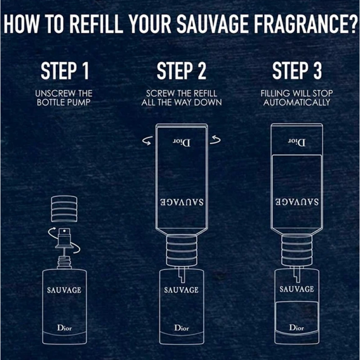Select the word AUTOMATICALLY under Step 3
[x=297, y=103]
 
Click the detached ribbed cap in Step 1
[x=64, y=209]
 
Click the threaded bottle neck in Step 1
[x=64, y=263]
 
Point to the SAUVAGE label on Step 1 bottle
[x=64, y=290]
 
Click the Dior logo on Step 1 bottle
[x=64, y=328]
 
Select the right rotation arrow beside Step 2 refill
[x=215, y=139]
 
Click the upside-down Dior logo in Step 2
[x=182, y=143]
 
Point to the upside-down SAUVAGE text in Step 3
[x=297, y=202]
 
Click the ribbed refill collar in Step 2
[x=182, y=251]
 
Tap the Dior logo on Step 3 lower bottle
[x=297, y=328]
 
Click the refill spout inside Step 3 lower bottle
[x=297, y=274]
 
